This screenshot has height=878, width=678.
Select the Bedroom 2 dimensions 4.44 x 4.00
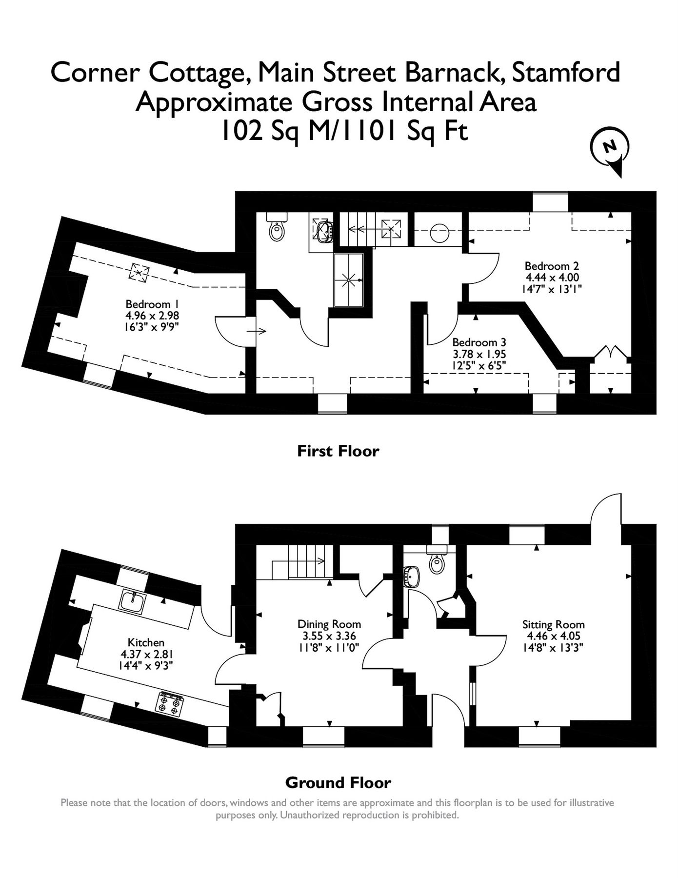[x=552, y=277]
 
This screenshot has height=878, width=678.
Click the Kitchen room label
[x=146, y=642]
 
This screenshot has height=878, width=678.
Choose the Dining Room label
[x=329, y=624]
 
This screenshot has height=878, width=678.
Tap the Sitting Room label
[x=553, y=624]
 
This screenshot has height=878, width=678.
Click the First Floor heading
[x=338, y=451]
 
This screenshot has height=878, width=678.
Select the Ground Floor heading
[x=338, y=783]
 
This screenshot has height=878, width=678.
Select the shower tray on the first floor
[x=349, y=280]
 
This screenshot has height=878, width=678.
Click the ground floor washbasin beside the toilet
[x=414, y=577]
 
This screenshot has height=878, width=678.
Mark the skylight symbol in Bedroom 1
[x=139, y=272]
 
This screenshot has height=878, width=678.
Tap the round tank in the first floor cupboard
[x=440, y=232]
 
